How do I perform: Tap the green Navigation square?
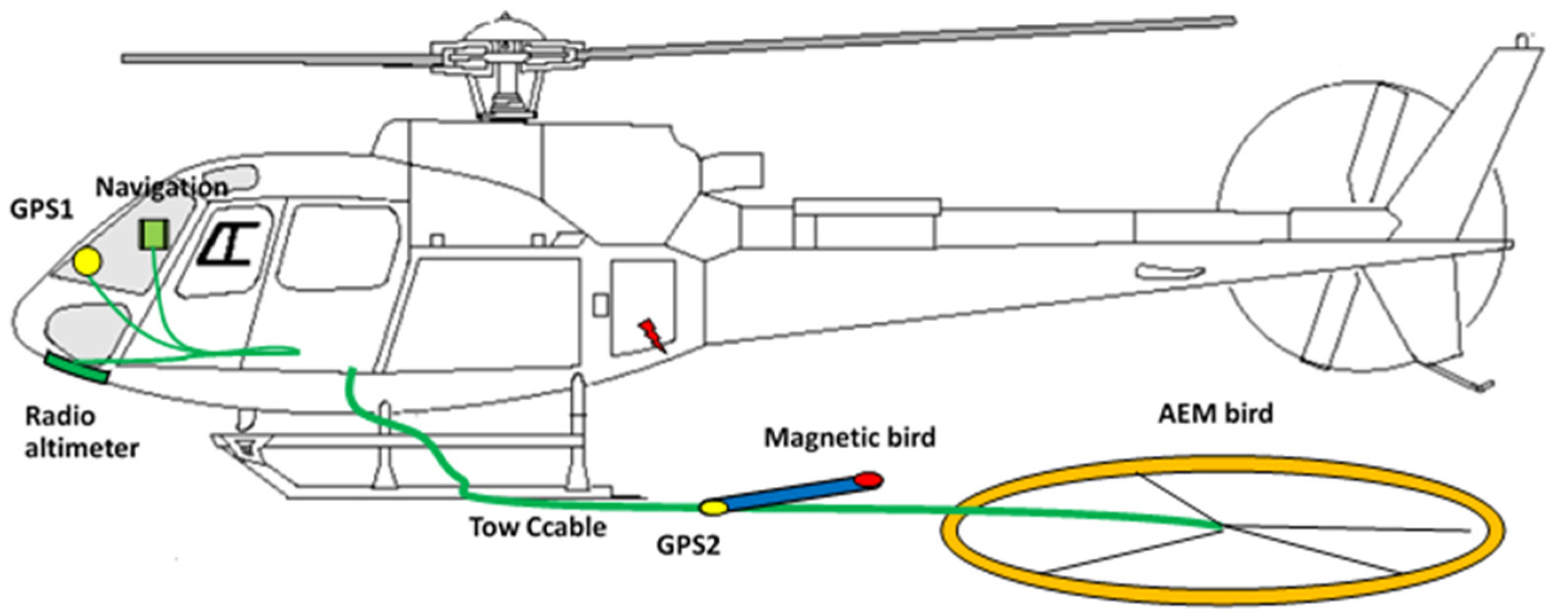pyautogui.click(x=154, y=234)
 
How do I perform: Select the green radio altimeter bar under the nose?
pyautogui.click(x=77, y=369)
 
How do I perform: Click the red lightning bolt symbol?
pyautogui.click(x=653, y=336)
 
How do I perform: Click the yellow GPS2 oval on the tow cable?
pyautogui.click(x=712, y=507)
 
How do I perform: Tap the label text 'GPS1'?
pyautogui.click(x=41, y=211)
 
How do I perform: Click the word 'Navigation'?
pyautogui.click(x=162, y=188)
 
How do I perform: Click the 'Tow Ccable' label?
pyautogui.click(x=538, y=527)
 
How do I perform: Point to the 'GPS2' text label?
pyautogui.click(x=688, y=546)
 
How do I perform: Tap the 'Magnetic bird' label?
pyautogui.click(x=849, y=437)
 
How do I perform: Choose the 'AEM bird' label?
pyautogui.click(x=1215, y=413)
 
